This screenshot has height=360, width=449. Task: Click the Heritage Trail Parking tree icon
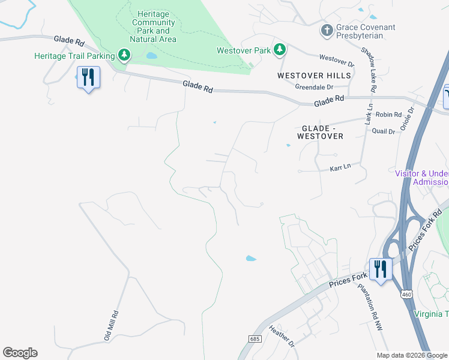tap(124, 56)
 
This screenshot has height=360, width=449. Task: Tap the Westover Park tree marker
tap(279, 50)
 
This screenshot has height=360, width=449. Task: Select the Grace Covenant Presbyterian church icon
tap(327, 30)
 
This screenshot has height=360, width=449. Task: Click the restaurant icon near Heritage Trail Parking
tap(88, 77)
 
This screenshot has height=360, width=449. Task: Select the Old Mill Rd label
tap(112, 325)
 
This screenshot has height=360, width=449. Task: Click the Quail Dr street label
tap(384, 131)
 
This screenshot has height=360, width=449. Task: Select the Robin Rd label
tap(388, 114)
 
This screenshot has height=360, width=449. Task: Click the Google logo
tap(20, 353)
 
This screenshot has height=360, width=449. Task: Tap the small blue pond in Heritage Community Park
tap(151, 56)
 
